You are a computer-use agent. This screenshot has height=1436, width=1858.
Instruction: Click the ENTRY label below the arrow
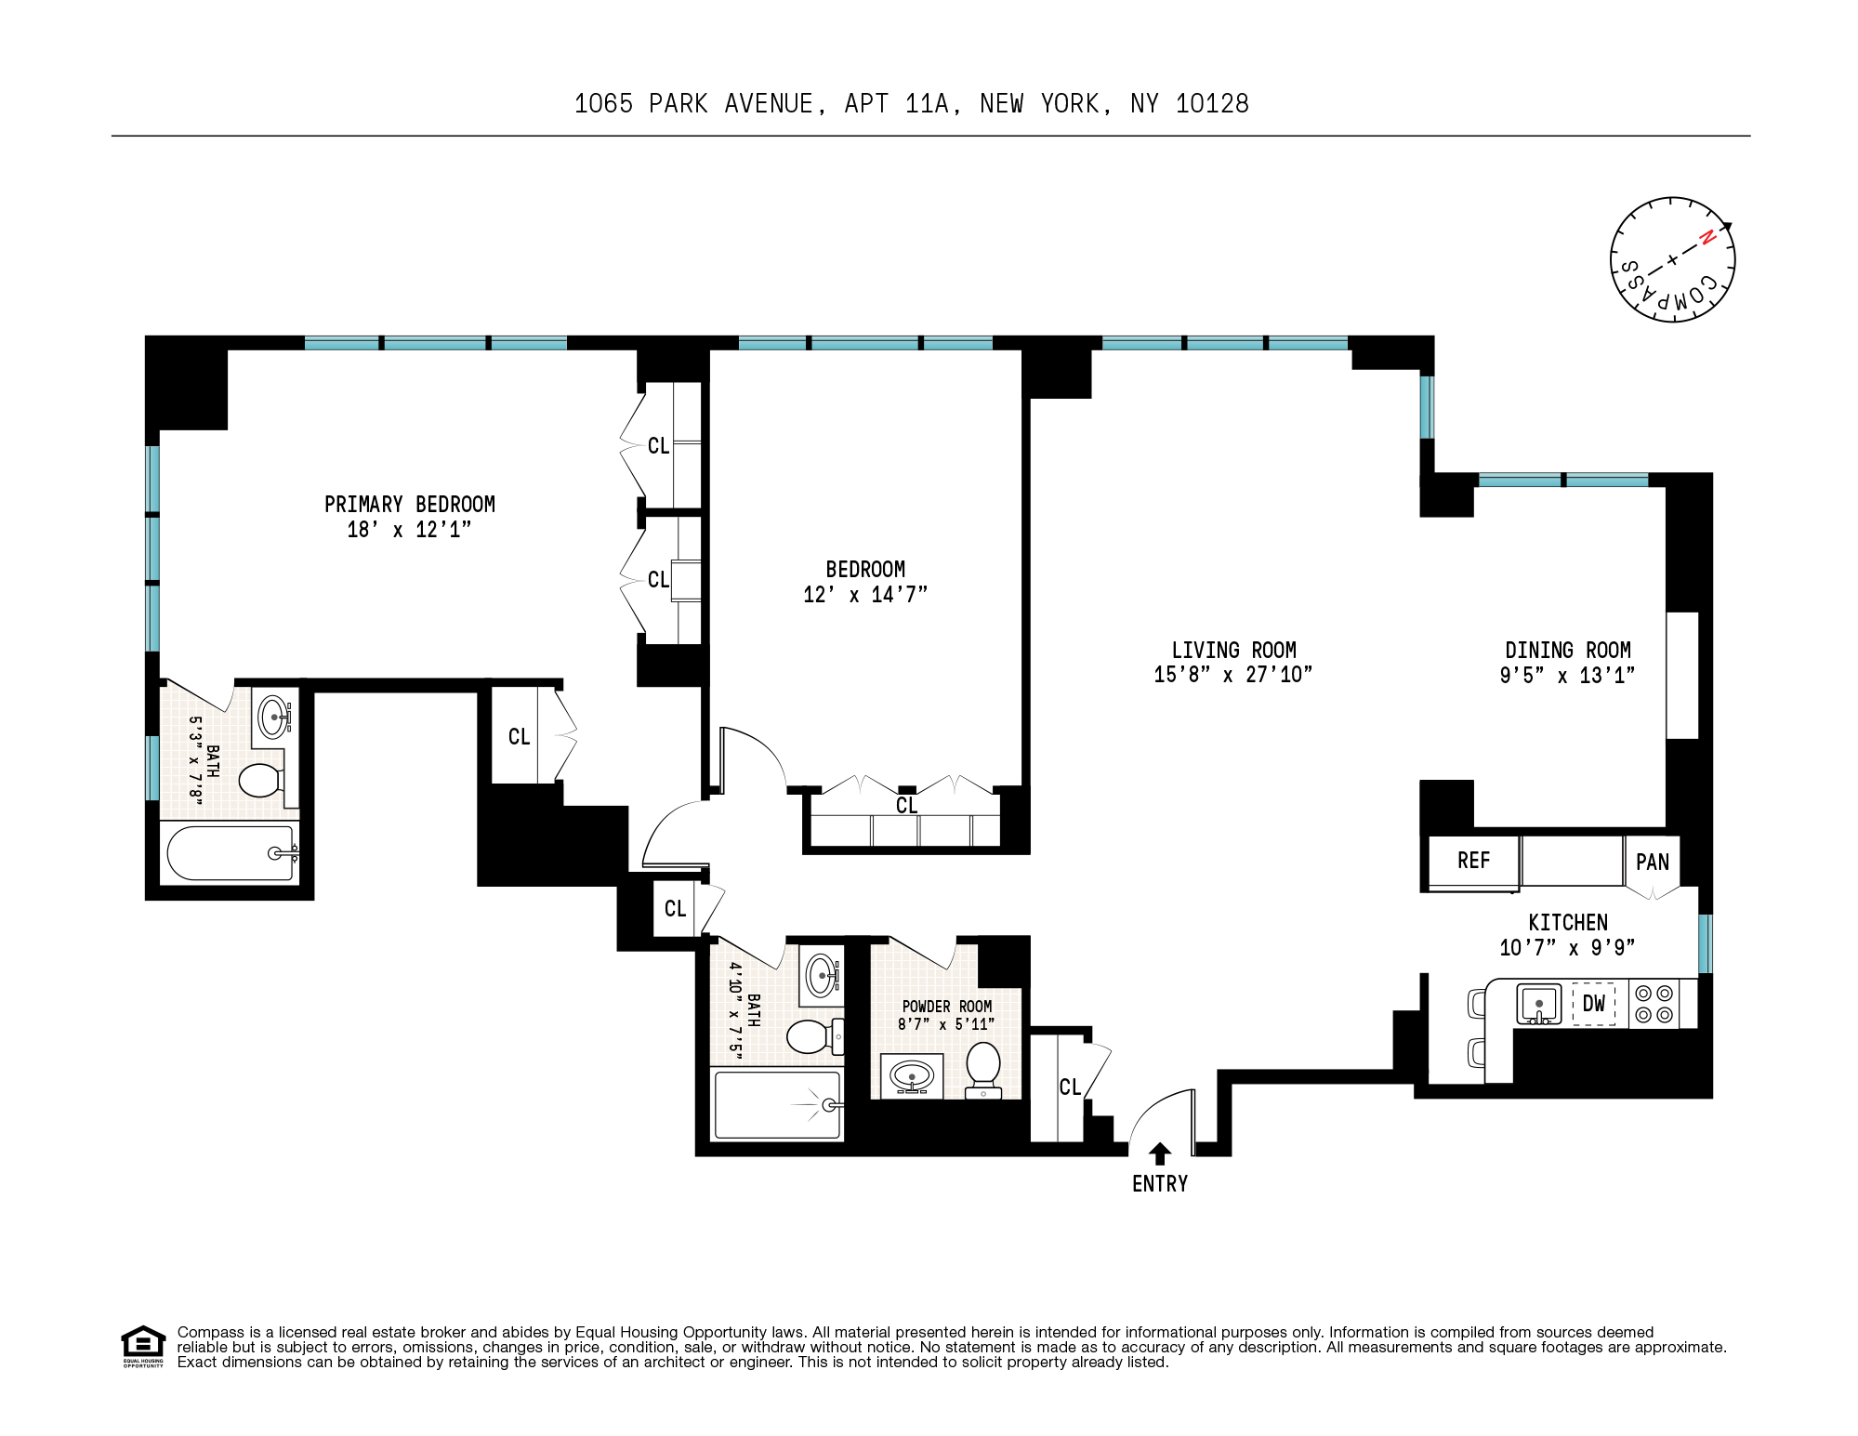tap(1159, 1183)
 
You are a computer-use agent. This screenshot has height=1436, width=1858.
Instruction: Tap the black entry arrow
tap(1159, 1153)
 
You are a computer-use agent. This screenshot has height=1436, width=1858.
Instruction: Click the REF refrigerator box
tap(1473, 861)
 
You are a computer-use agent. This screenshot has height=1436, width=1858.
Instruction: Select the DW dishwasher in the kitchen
tap(1593, 1004)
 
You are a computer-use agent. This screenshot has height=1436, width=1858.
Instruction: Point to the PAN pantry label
tap(1652, 863)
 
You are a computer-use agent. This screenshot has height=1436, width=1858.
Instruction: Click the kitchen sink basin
tap(1539, 1005)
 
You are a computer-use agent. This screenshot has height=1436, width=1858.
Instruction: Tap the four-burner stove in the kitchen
tap(1654, 1004)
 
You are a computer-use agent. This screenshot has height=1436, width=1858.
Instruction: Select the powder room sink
tap(912, 1077)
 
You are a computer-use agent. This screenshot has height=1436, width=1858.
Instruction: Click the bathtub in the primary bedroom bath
tap(230, 853)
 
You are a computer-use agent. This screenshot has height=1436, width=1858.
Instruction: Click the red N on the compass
tap(1706, 238)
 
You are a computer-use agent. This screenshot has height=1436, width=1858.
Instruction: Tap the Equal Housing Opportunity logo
tap(143, 1345)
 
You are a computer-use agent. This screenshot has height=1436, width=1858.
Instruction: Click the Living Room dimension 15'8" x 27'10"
tap(1232, 675)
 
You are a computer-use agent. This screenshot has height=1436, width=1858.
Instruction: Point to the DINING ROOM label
tap(1567, 650)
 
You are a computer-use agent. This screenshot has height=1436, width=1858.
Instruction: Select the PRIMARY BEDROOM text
tap(409, 504)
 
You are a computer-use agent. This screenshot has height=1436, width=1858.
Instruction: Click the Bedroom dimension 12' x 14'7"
tap(864, 594)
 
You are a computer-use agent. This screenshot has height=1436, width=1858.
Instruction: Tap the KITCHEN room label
tap(1567, 922)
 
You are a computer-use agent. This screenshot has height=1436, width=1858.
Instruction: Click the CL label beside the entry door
tap(1069, 1087)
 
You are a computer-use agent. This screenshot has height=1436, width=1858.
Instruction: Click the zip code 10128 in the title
tap(1212, 103)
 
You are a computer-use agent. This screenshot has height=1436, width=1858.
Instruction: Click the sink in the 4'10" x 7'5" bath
tap(822, 975)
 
